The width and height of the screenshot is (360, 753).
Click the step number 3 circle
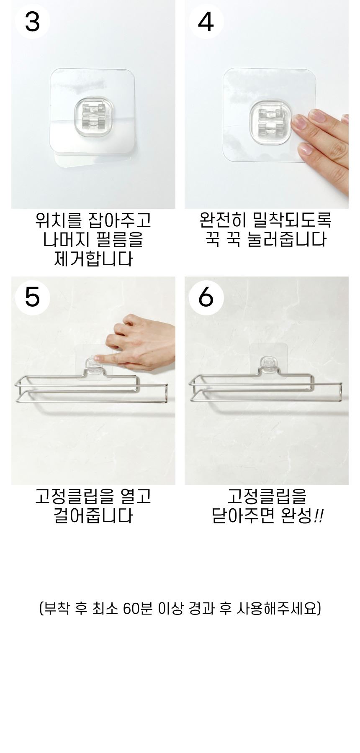[x=32, y=22]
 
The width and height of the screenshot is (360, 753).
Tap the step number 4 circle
[x=206, y=22]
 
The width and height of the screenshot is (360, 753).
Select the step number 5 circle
[x=32, y=297]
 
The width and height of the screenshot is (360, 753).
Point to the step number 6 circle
[x=206, y=297]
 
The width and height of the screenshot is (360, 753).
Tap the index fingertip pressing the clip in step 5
[x=97, y=359]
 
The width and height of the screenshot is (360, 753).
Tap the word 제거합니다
[x=93, y=259]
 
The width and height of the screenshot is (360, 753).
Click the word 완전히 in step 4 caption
[x=222, y=220]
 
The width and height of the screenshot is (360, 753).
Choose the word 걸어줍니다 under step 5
[x=93, y=516]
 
